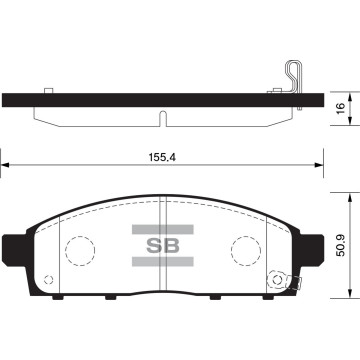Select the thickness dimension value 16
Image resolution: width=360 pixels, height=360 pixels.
(340, 109)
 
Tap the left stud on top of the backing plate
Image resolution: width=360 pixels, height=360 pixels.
(49, 91)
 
